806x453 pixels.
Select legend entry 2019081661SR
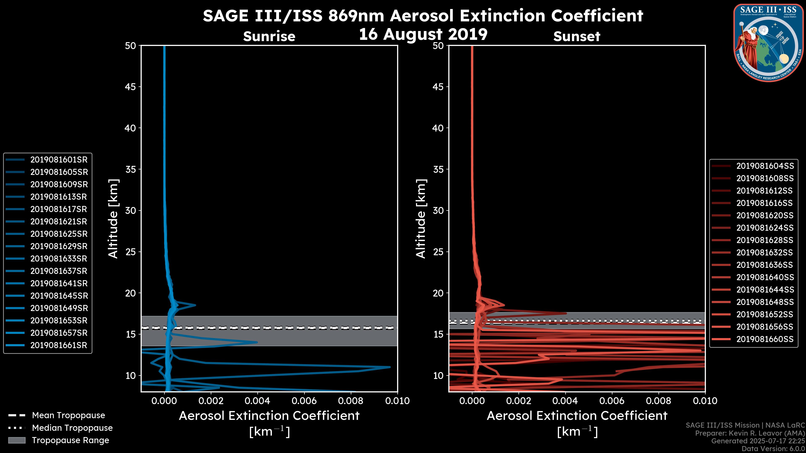coord(59,345)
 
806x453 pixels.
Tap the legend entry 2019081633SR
coord(59,259)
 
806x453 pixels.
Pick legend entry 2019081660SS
coord(765,339)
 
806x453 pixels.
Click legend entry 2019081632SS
coord(765,253)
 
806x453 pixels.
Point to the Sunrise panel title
coord(269,36)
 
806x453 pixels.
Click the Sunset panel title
coord(577,36)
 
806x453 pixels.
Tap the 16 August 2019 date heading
coord(423,34)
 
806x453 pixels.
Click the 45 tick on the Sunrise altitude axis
coord(131,87)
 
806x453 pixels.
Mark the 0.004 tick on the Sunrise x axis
coord(257,401)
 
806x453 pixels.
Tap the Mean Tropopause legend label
coord(68,415)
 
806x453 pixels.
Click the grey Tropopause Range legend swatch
coord(17,440)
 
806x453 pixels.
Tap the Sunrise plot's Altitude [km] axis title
coord(113,219)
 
